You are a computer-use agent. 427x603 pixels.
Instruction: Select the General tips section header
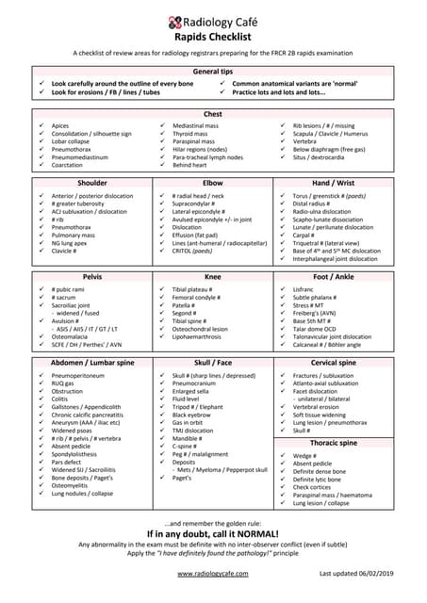coord(212,72)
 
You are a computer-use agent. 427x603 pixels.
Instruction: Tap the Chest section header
coord(212,114)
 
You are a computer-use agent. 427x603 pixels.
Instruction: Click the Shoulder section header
coord(92,183)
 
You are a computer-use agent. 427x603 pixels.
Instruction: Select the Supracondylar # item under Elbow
coord(198,204)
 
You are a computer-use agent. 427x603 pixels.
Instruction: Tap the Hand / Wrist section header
coord(333,183)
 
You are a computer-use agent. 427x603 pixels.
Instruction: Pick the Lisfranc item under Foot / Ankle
coord(304,289)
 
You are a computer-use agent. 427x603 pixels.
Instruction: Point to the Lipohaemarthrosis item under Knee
coord(205,335)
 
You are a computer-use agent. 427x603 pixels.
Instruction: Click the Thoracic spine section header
coord(333,443)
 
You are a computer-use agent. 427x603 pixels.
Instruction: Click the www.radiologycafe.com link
coord(212,573)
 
